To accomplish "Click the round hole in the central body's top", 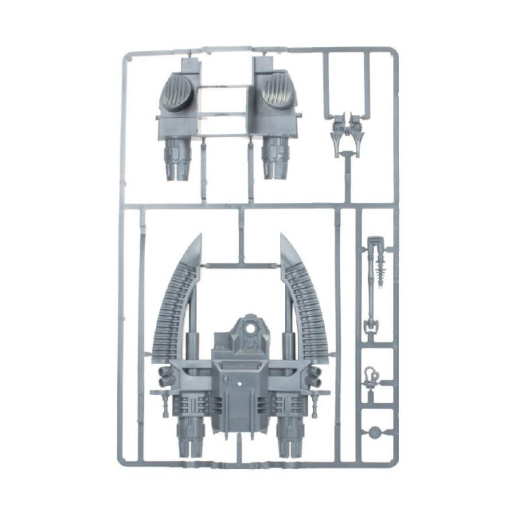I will pyautogui.click(x=250, y=331).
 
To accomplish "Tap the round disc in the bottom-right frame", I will pyautogui.click(x=374, y=431).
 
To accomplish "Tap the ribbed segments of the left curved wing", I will pyautogui.click(x=171, y=302).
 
